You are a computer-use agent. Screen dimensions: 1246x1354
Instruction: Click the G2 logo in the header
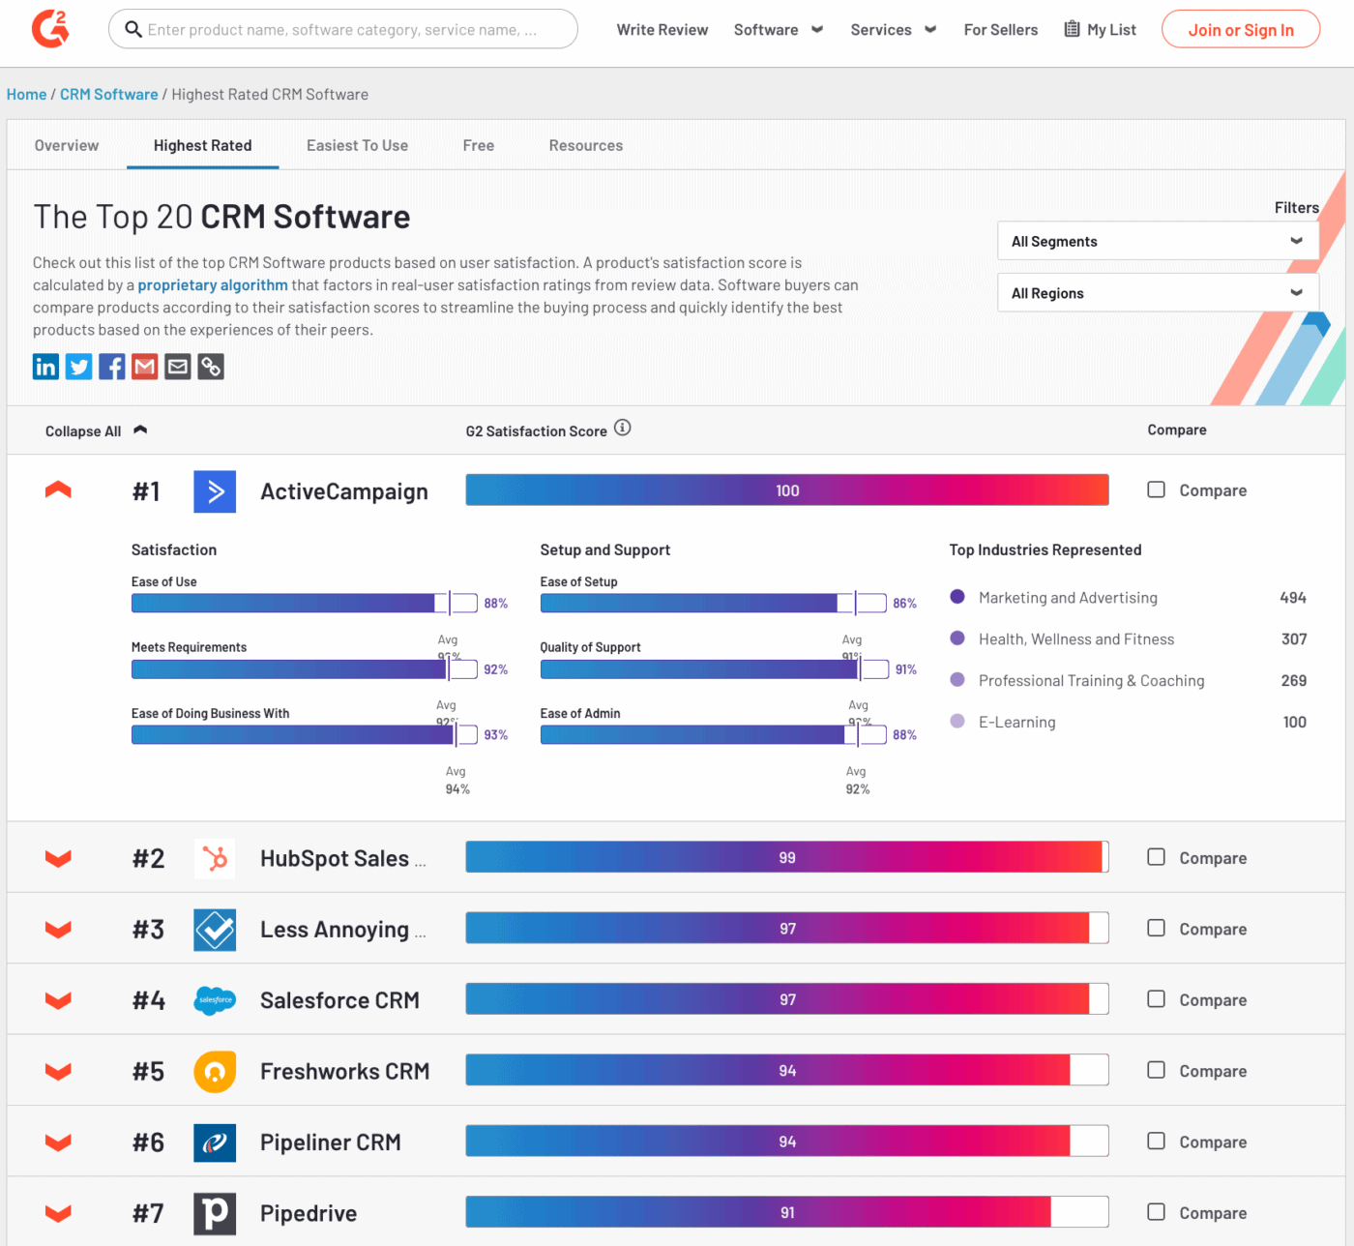50,29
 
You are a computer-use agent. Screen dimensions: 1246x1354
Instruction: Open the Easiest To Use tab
357,145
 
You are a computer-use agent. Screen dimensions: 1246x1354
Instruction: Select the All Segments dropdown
1157,241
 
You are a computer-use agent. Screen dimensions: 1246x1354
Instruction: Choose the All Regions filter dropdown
1157,293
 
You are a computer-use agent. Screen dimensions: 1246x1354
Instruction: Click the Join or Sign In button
1240,30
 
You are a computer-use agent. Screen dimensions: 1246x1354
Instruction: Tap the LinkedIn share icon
45,367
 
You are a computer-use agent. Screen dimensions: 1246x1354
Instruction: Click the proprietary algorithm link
213,285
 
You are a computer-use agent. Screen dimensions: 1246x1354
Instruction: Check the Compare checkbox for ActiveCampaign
1156,489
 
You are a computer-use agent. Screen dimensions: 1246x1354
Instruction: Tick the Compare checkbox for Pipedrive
1156,1212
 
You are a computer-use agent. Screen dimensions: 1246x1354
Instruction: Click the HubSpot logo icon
215,858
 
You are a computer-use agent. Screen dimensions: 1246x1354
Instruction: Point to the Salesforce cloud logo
215,1000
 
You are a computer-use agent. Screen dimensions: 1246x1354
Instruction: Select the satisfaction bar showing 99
786,857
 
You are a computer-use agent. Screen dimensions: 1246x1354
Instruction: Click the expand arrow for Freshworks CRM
58,1071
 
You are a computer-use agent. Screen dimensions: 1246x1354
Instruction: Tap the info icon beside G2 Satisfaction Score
623,428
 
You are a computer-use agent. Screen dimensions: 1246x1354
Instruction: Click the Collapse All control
95,431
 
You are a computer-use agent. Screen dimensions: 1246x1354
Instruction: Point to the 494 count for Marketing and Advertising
1292,598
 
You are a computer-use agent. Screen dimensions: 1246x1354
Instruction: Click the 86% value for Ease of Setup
904,604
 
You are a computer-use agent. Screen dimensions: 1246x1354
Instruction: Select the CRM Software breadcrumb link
108,95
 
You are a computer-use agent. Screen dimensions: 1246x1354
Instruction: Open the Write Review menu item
662,30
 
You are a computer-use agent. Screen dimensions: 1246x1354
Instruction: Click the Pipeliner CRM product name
330,1142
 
